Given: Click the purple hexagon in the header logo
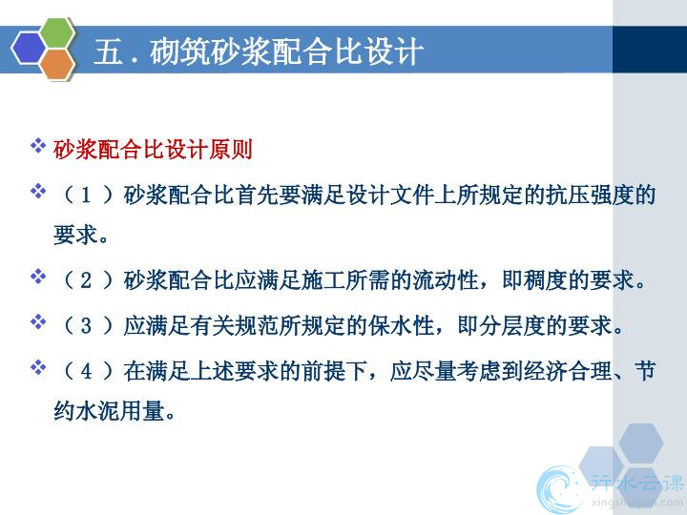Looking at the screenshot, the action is (29, 49).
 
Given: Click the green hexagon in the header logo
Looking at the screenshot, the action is (57, 32).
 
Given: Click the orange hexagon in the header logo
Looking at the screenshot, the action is (58, 64).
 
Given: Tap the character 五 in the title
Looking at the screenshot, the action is (108, 51).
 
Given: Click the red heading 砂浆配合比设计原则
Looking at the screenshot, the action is (154, 150).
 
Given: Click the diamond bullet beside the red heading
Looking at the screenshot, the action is (38, 146).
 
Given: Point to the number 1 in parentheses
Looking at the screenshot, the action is (86, 195).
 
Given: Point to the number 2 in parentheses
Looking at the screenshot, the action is (86, 280).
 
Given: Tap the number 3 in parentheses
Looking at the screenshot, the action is (86, 326).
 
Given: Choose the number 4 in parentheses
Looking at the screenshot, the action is (86, 371).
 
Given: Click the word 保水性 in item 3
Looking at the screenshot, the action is (402, 326).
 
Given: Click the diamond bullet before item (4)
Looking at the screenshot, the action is (38, 367).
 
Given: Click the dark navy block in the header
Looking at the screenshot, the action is (650, 49).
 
